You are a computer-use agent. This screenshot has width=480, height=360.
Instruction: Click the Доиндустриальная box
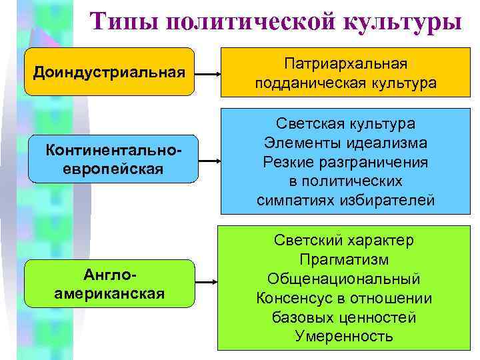pyautogui.click(x=109, y=71)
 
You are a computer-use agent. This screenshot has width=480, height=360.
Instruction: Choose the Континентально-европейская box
pyautogui.click(x=113, y=160)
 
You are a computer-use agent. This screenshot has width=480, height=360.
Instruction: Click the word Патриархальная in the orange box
pyautogui.click(x=345, y=63)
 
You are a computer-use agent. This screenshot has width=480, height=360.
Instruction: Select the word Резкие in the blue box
pyautogui.click(x=289, y=162)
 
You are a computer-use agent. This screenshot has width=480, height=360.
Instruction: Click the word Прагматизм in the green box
pyautogui.click(x=345, y=259)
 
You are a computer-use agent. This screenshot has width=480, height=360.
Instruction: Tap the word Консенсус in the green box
pyautogui.click(x=293, y=298)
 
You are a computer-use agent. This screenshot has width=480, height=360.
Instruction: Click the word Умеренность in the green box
pyautogui.click(x=345, y=336)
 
